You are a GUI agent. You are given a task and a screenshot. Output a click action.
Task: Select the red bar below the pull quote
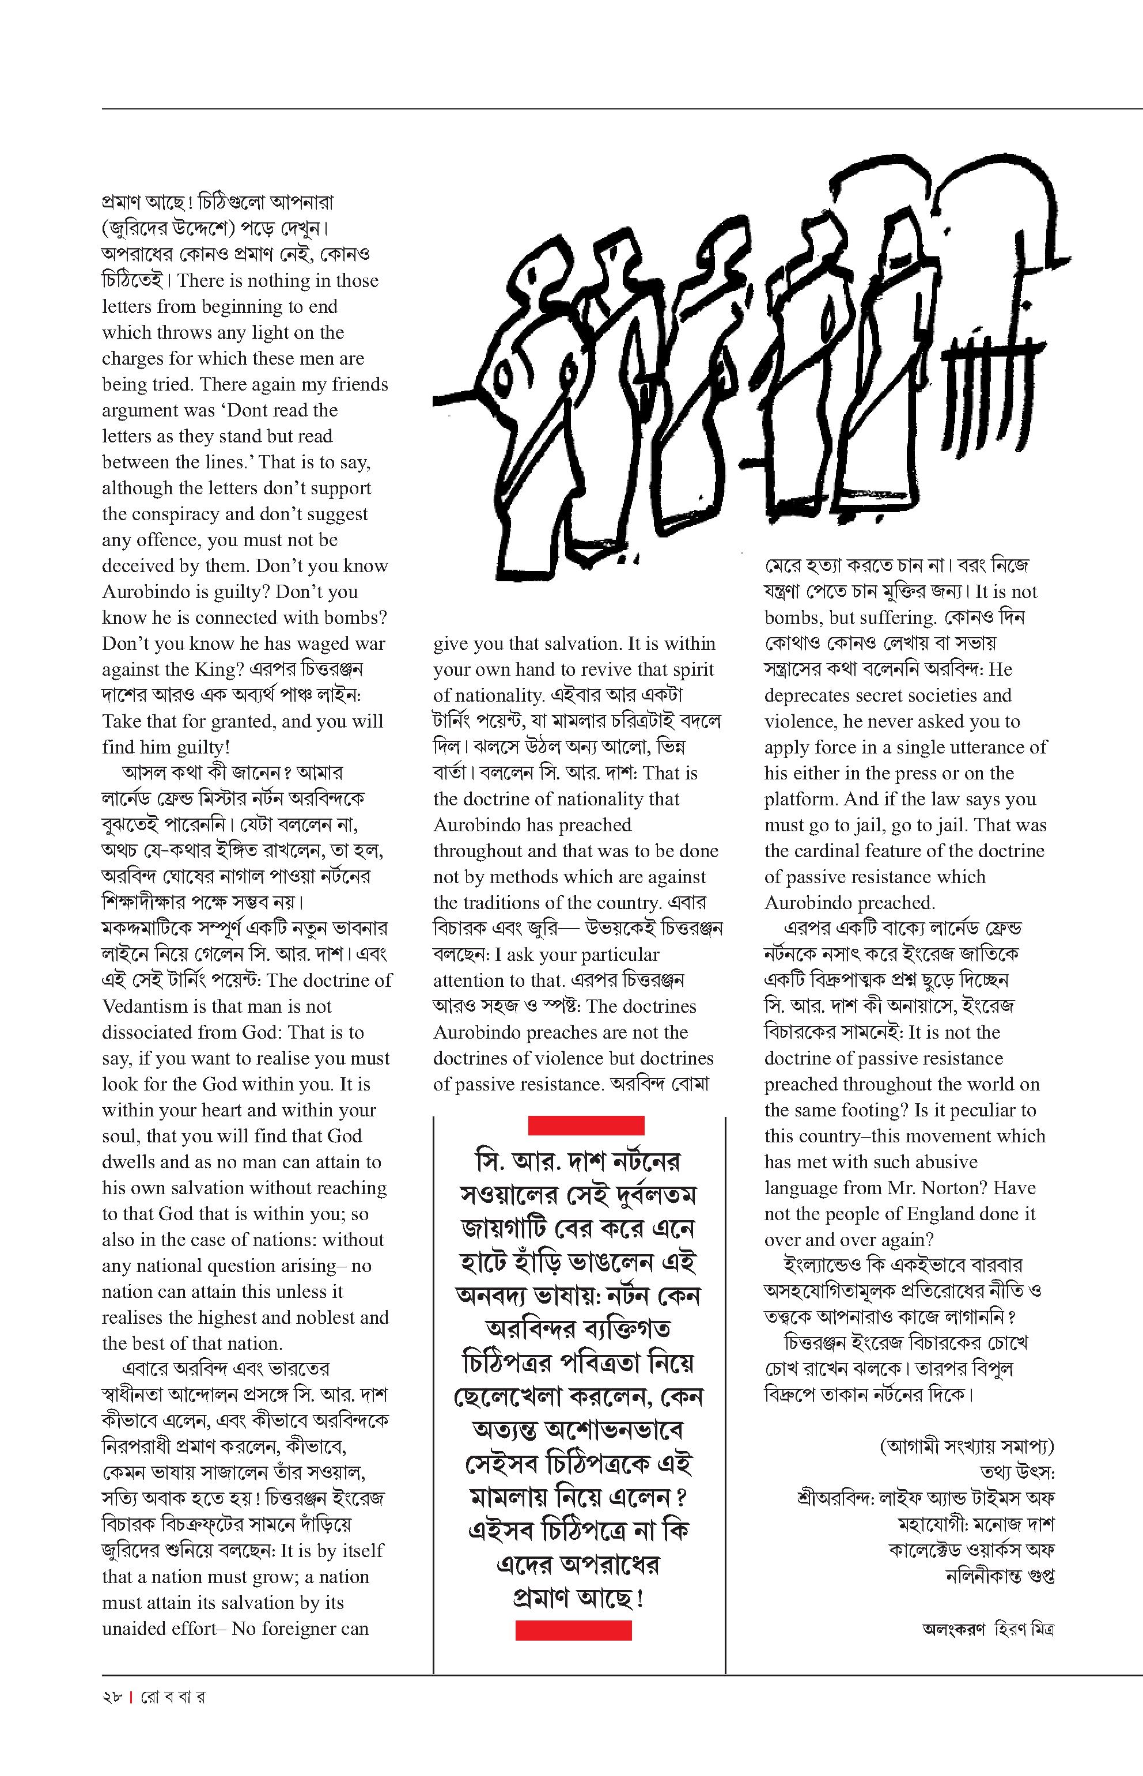(573, 1630)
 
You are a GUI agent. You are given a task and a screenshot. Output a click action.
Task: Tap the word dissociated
(149, 1032)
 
